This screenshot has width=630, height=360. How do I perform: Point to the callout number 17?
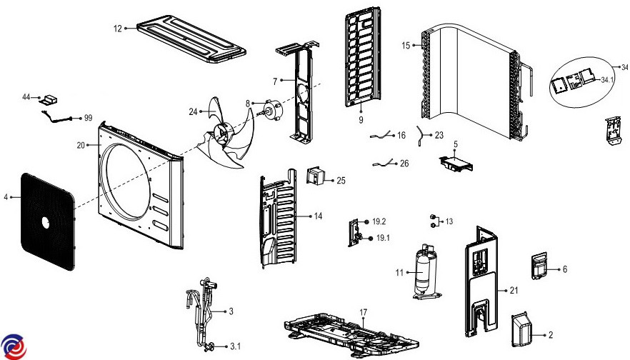point(363,312)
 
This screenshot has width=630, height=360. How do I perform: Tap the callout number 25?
point(341,181)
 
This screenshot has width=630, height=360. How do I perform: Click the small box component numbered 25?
point(315,176)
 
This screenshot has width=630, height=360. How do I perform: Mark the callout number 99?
point(89,118)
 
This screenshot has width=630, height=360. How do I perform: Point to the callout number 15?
point(406,46)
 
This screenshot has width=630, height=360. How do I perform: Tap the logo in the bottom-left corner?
point(14,346)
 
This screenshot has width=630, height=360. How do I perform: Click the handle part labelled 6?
point(539,266)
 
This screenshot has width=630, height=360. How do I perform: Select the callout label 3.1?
point(235,346)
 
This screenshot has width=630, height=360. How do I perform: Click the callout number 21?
point(513,290)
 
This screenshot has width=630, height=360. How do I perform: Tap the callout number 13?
point(449,222)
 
